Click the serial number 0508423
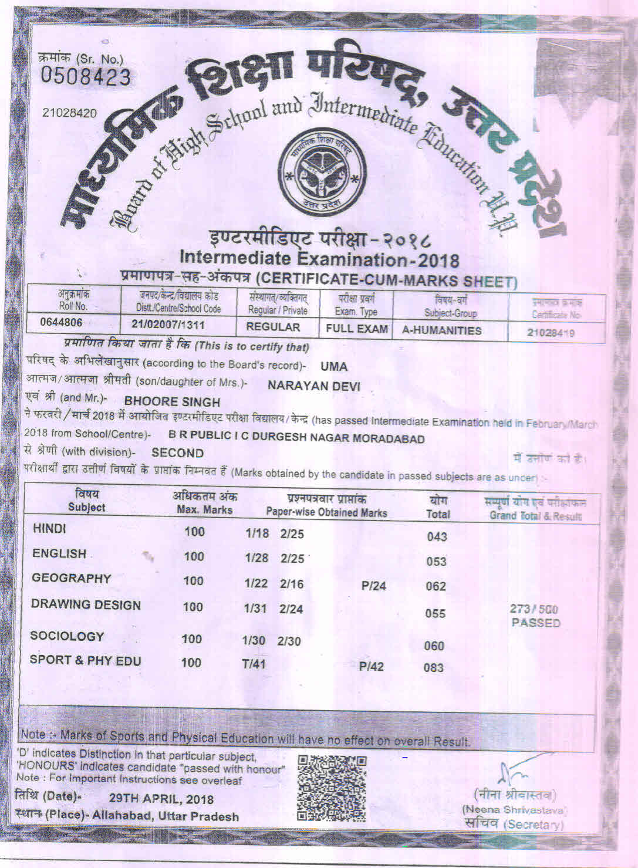pyautogui.click(x=85, y=77)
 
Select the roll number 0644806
pyautogui.click(x=61, y=322)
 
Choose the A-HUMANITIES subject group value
pyautogui.click(x=441, y=330)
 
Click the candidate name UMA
pyautogui.click(x=334, y=367)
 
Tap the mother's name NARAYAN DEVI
pyautogui.click(x=313, y=386)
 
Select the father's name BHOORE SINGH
pyautogui.click(x=173, y=402)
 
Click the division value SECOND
pyautogui.click(x=177, y=453)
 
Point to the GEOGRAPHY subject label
pyautogui.click(x=71, y=579)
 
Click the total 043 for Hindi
pyautogui.click(x=437, y=536)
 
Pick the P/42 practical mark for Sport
pyautogui.click(x=371, y=666)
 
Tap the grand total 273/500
pyautogui.click(x=534, y=609)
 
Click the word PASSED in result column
pyautogui.click(x=535, y=623)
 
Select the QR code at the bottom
pyautogui.click(x=332, y=787)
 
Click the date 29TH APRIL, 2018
pyautogui.click(x=161, y=799)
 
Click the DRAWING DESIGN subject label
pyautogui.click(x=86, y=605)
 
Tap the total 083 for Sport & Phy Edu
pyautogui.click(x=433, y=667)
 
